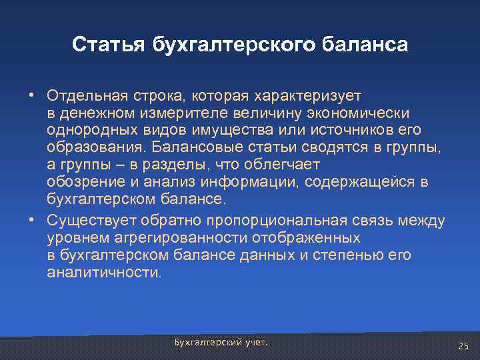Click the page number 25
coord(463,345)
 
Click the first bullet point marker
coord(31,93)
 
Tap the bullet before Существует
coord(31,221)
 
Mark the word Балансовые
coord(188,146)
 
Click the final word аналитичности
coord(103,273)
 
